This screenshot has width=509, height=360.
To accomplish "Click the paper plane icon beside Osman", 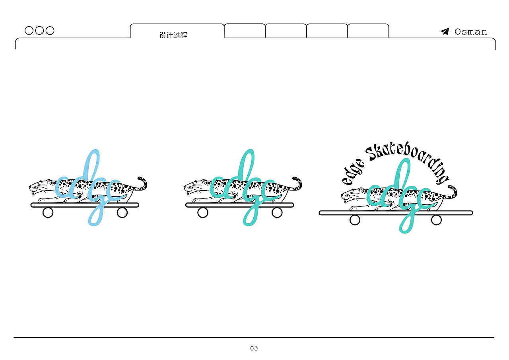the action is tap(445, 31).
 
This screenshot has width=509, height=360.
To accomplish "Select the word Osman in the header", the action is tap(470, 32).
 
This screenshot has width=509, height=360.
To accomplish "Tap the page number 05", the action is tap(254, 348).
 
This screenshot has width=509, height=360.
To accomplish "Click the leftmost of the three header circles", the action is tap(29, 31).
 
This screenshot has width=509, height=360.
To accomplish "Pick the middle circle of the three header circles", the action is tap(39, 31).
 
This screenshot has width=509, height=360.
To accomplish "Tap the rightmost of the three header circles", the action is tap(50, 31).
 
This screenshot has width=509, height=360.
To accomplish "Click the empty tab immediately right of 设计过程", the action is tap(245, 31).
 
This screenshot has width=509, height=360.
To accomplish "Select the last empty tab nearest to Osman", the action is tap(368, 31).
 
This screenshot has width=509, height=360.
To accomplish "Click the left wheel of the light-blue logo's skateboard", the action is tap(48, 213).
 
